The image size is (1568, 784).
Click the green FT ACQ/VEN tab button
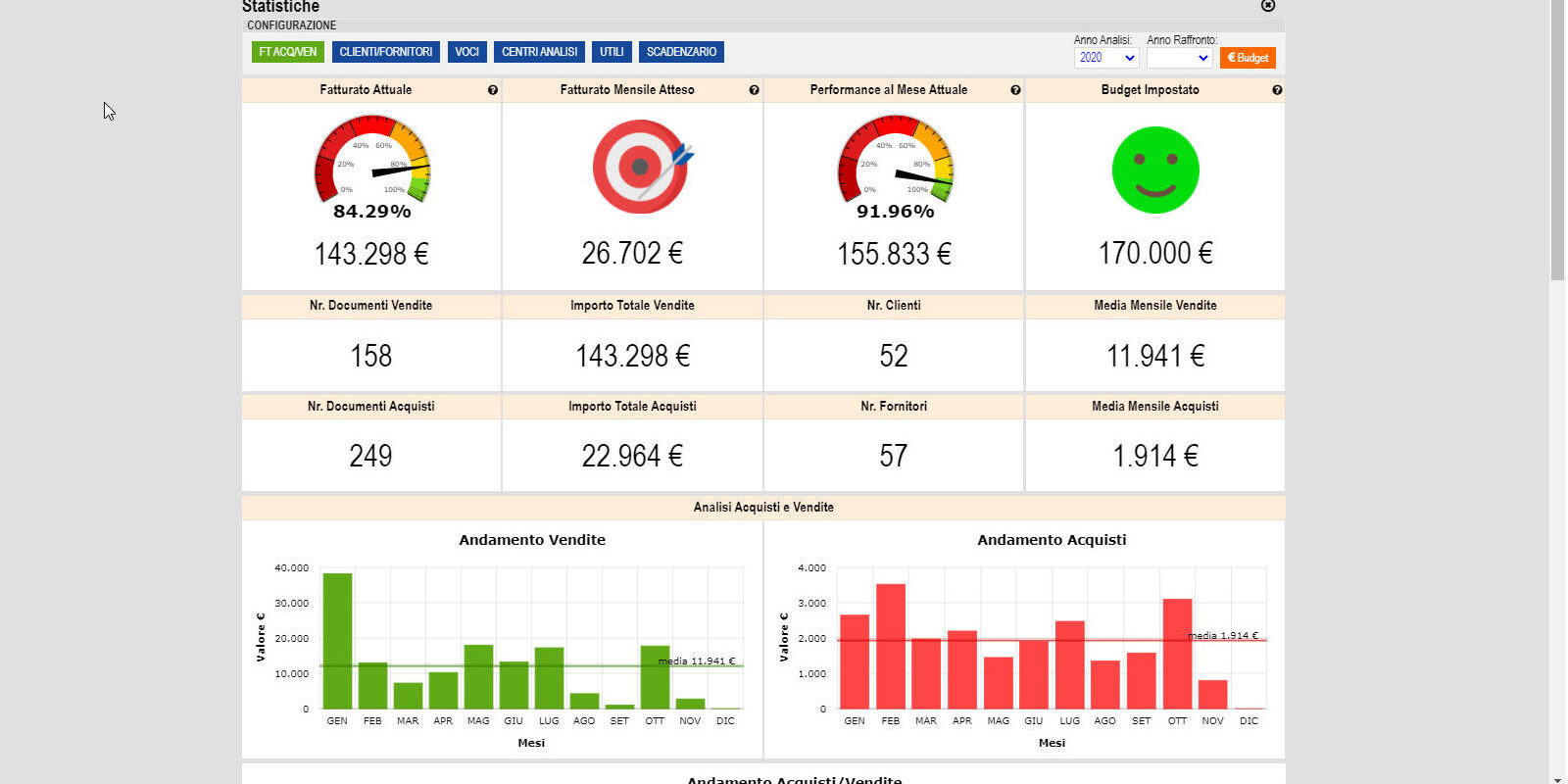287,52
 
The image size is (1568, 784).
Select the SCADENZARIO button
681,52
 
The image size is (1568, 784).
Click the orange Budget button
1248,58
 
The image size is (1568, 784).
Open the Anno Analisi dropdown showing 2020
1106,58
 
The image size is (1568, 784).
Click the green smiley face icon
1155,170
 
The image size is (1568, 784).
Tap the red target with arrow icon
641,166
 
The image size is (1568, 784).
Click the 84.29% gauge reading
371,212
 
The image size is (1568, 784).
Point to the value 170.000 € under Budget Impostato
1155,254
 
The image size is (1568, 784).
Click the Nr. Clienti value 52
894,356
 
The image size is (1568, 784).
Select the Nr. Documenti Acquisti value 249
370,456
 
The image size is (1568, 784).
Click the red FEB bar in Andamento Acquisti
891,646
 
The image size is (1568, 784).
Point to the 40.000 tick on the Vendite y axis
291,568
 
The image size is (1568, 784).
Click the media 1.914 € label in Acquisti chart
1223,636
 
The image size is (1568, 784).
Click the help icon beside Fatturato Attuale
493,90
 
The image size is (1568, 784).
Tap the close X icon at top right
1268,5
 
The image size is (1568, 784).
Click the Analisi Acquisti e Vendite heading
763,508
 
